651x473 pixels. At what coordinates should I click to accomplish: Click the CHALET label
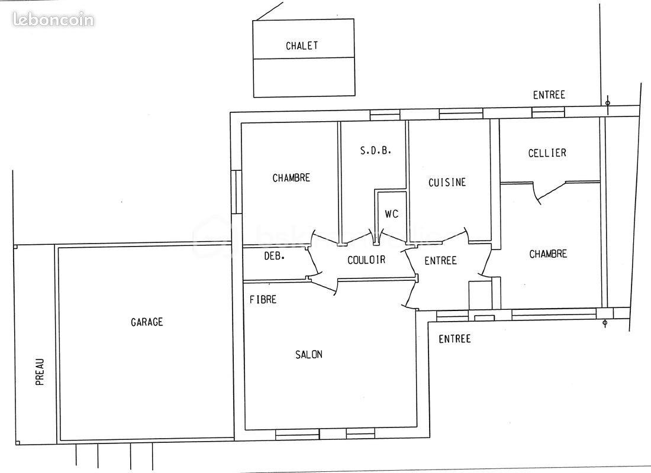click(302, 46)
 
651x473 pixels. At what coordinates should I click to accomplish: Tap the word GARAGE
click(147, 322)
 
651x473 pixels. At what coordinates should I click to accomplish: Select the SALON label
click(309, 354)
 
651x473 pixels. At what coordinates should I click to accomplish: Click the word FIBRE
click(263, 300)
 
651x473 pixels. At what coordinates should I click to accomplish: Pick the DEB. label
click(274, 256)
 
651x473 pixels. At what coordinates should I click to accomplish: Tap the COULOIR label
click(366, 260)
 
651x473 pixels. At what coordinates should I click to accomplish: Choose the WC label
click(392, 214)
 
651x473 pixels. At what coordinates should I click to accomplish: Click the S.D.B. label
click(376, 151)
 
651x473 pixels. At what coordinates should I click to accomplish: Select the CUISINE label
click(447, 182)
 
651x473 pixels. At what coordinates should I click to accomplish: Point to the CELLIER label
click(547, 153)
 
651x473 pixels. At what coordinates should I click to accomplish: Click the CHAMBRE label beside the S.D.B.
click(291, 177)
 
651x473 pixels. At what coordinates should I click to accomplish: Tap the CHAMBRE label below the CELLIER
click(548, 254)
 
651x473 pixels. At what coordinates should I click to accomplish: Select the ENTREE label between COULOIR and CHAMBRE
click(440, 260)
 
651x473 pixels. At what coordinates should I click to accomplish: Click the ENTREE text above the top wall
click(549, 95)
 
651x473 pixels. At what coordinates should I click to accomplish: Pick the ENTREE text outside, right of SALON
click(455, 339)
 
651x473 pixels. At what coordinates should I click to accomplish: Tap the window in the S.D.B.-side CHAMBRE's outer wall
click(236, 192)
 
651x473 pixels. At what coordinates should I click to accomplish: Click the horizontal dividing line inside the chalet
click(304, 58)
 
